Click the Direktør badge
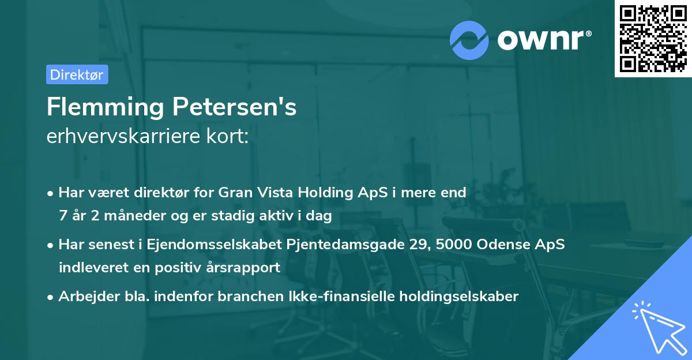[x=77, y=74]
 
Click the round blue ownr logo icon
[x=469, y=40]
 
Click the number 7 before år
[x=62, y=216]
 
